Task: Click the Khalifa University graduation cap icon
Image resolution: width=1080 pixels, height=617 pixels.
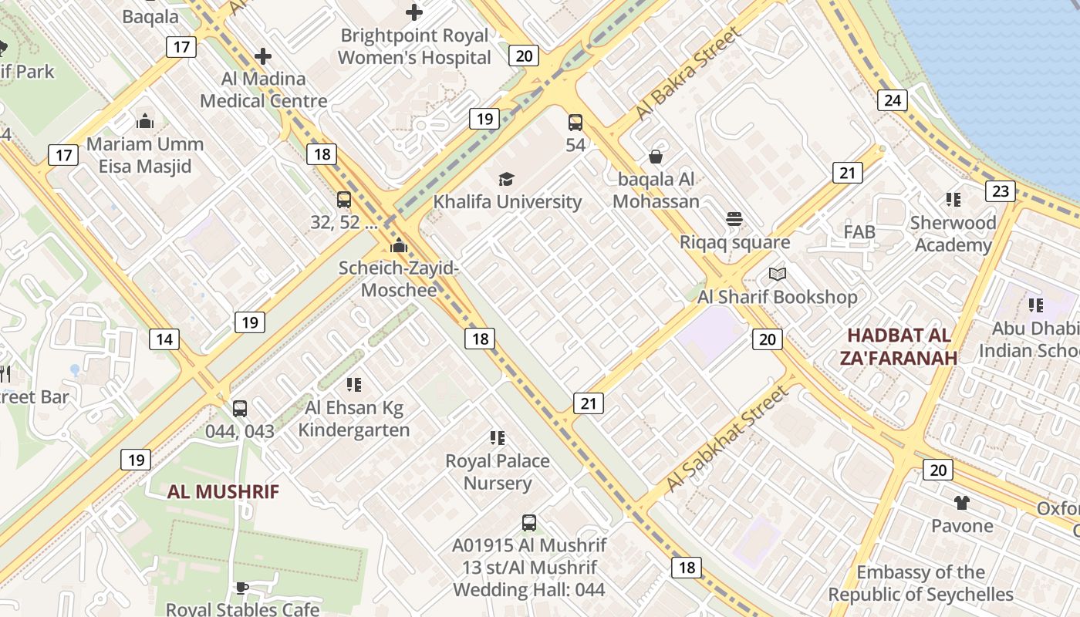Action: click(506, 179)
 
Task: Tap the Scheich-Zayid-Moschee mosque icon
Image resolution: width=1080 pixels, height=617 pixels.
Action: click(399, 246)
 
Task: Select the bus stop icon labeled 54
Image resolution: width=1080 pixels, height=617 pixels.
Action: click(575, 122)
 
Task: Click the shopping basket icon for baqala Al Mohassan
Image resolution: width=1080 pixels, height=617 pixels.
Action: click(656, 157)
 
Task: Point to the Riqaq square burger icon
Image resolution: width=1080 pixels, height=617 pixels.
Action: click(734, 219)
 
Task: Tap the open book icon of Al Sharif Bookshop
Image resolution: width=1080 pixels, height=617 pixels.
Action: click(778, 274)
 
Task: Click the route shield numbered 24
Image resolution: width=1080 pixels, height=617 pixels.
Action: click(893, 100)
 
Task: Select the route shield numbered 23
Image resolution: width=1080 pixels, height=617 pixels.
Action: click(1001, 191)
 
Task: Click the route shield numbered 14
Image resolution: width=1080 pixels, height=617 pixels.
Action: click(164, 339)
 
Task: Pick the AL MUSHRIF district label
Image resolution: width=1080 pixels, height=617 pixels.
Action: click(223, 492)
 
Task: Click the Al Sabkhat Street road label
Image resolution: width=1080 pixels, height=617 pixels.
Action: click(727, 438)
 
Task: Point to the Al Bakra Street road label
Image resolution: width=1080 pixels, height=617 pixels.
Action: click(687, 73)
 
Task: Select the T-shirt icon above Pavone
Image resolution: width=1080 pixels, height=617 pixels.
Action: click(961, 503)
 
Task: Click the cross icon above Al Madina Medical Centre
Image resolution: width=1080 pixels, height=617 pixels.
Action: click(263, 56)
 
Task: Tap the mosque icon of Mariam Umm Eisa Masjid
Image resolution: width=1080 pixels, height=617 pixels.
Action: click(145, 121)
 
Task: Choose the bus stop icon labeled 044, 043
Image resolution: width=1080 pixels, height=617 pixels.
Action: click(240, 409)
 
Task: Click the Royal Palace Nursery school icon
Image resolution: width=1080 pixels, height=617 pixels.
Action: click(498, 438)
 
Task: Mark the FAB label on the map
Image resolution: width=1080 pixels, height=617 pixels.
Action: click(859, 232)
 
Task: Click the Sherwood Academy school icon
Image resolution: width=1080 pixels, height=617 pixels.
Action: click(953, 200)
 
